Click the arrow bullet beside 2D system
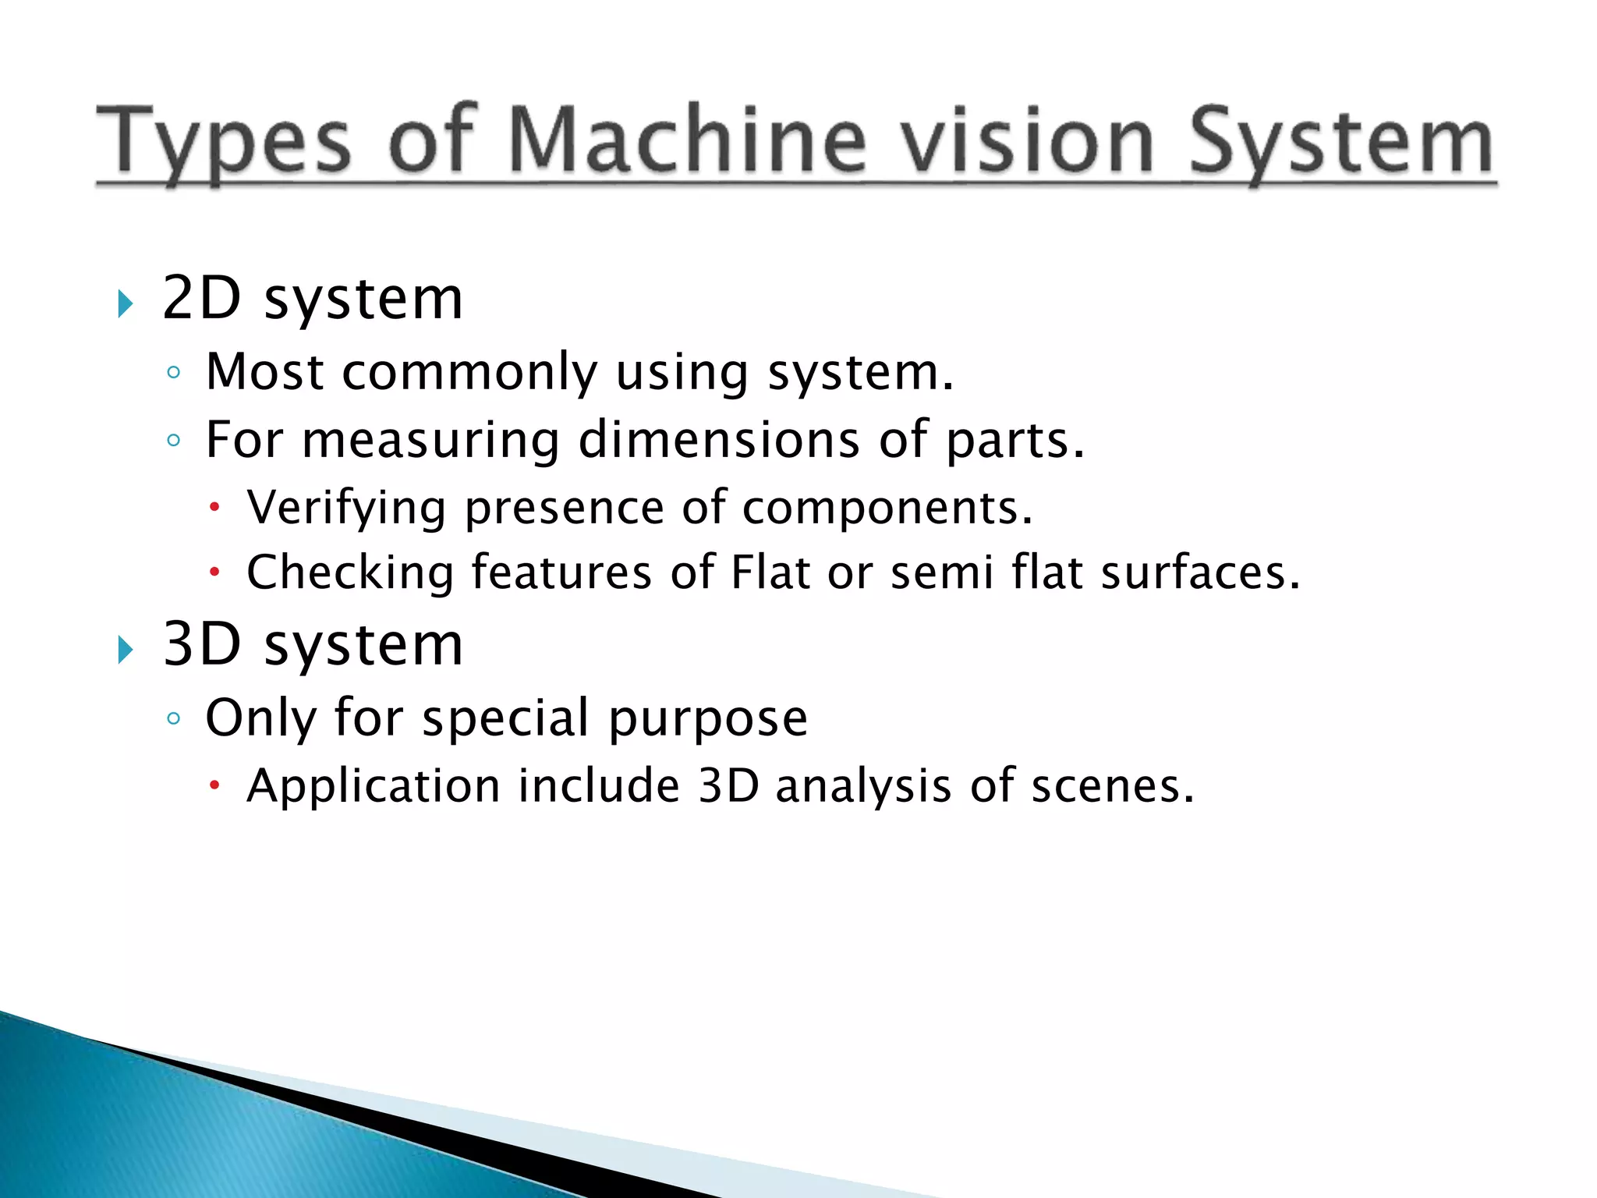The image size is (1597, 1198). (x=126, y=303)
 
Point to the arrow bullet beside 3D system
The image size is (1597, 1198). (x=126, y=649)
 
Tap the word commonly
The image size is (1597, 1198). (x=469, y=373)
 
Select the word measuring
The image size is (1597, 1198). (x=430, y=441)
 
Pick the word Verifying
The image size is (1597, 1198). (x=346, y=509)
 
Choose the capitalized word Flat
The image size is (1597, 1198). (x=770, y=572)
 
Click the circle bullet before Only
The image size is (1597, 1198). (x=173, y=719)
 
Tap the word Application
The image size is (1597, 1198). (x=374, y=786)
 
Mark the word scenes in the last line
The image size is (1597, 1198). (x=1112, y=786)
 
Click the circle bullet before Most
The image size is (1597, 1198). (x=173, y=373)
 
